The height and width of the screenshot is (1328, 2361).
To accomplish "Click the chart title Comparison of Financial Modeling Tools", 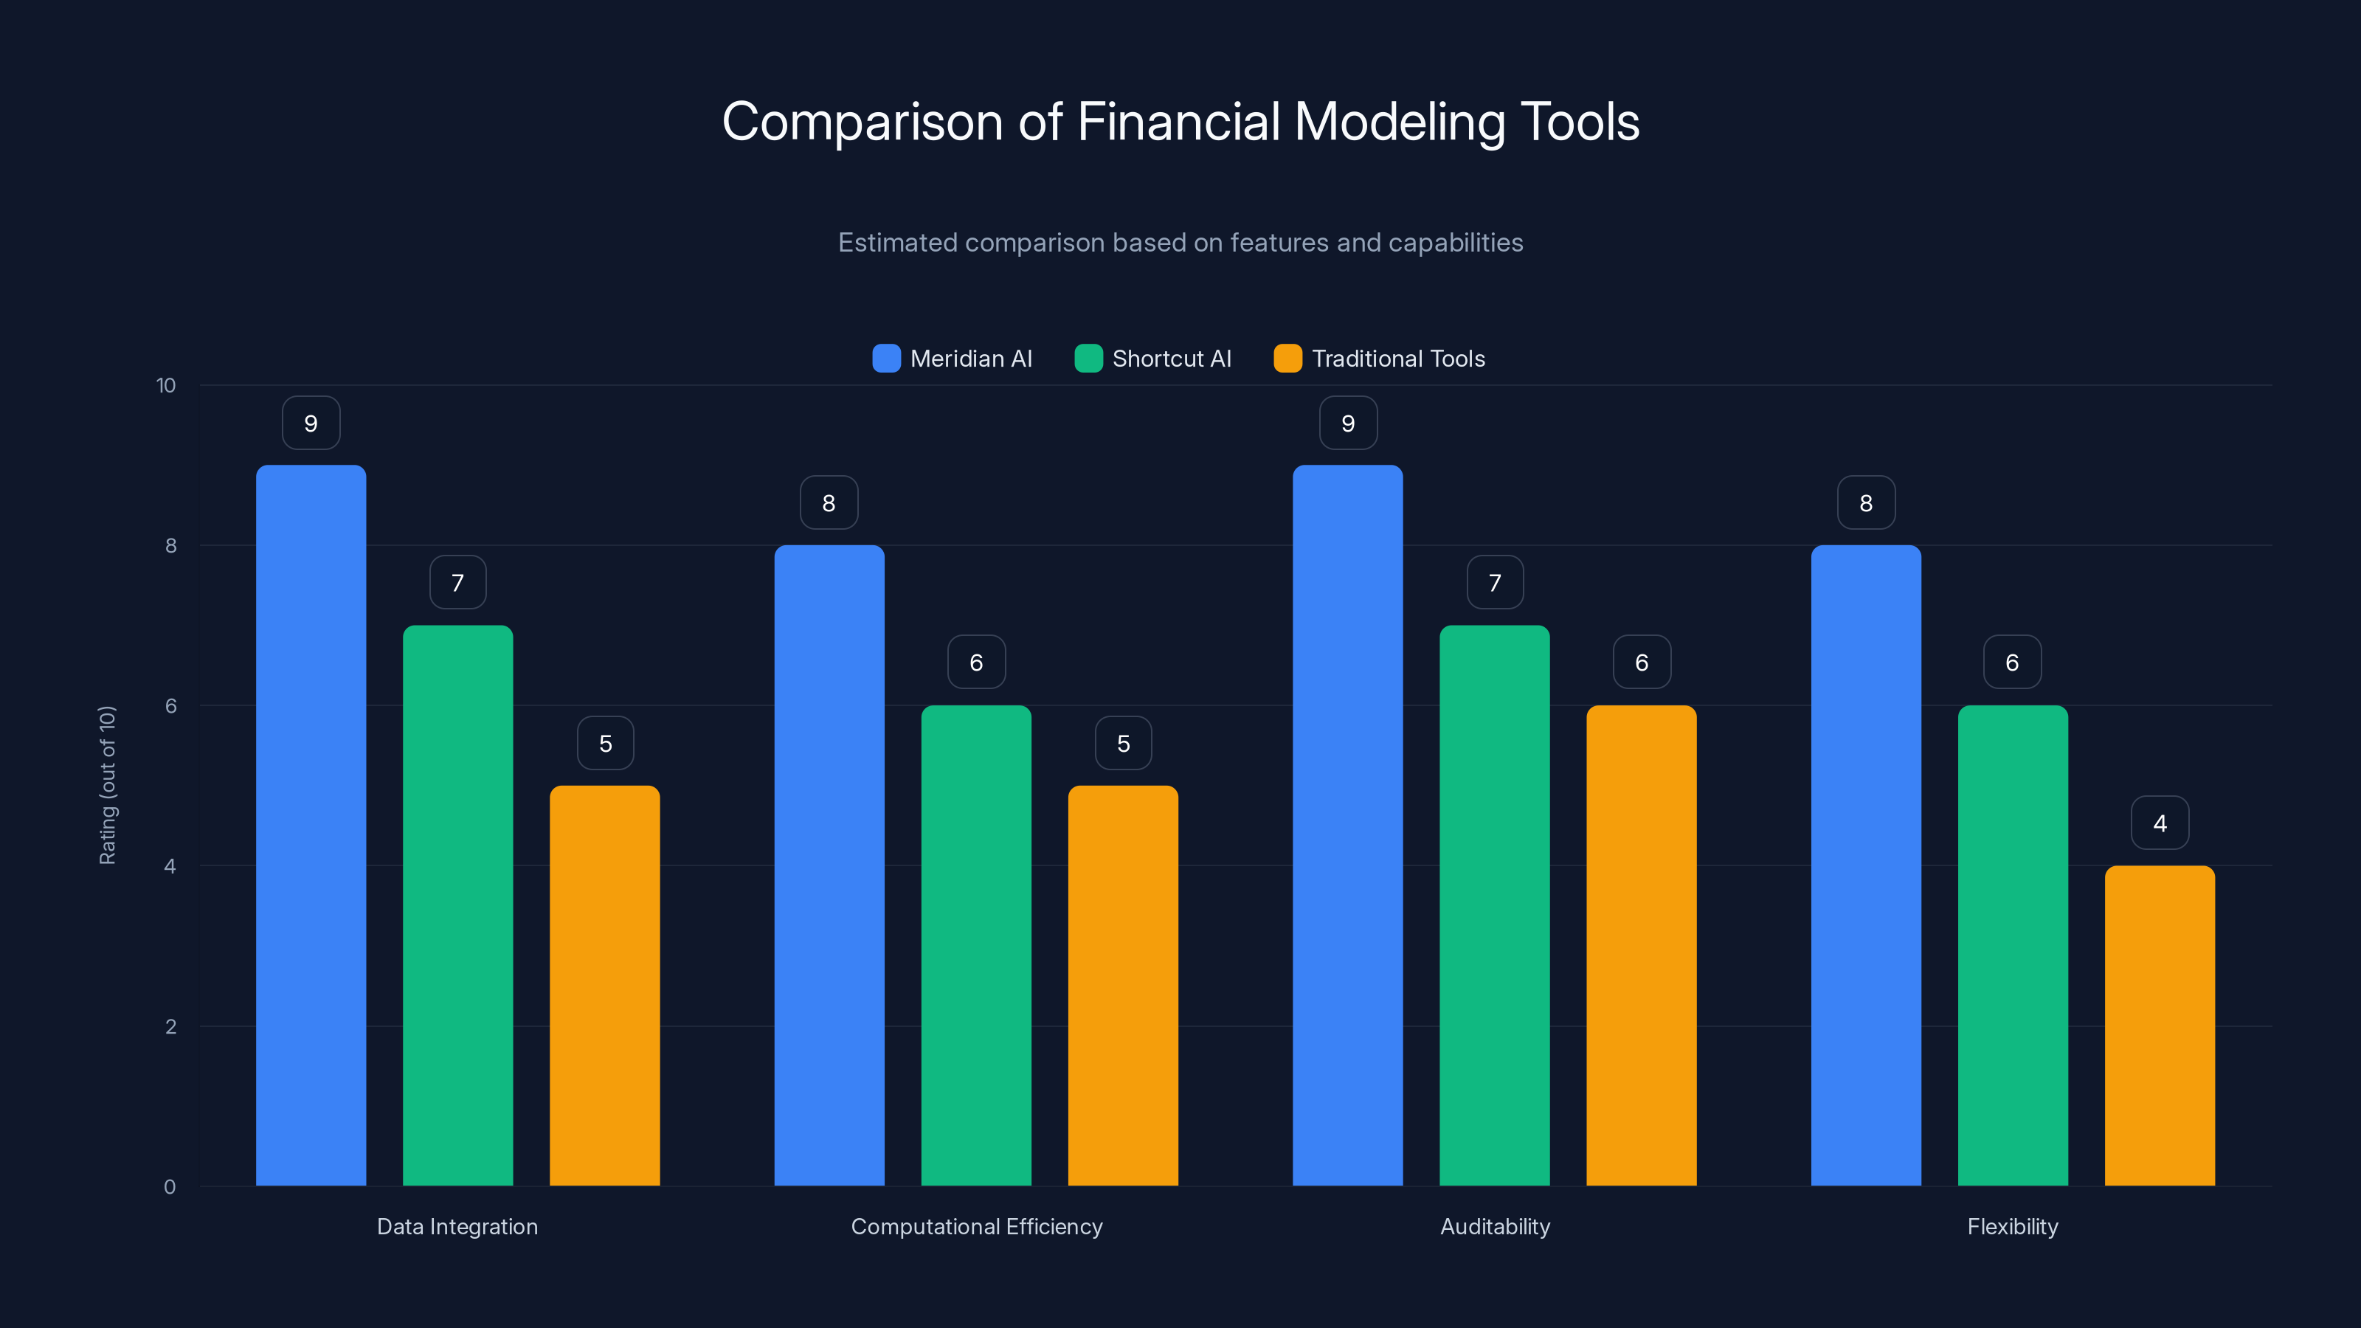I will pyautogui.click(x=1180, y=122).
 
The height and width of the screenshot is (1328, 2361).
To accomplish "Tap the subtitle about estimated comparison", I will pyautogui.click(x=1180, y=243).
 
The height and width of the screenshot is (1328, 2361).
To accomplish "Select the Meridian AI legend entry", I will pyautogui.click(x=953, y=359).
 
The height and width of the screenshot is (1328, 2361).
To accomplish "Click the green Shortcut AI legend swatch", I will pyautogui.click(x=1088, y=359).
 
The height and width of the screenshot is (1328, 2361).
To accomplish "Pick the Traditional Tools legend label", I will pyautogui.click(x=1397, y=359).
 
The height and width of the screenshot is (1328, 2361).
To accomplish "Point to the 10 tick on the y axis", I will pyautogui.click(x=166, y=386).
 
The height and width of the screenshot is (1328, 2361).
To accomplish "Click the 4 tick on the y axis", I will pyautogui.click(x=170, y=866).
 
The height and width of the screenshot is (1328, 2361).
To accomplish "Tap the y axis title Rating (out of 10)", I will pyautogui.click(x=107, y=786).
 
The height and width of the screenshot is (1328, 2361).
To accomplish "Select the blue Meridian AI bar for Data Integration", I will pyautogui.click(x=311, y=825).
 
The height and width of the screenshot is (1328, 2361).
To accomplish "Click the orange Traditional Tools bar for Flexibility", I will pyautogui.click(x=2160, y=1026).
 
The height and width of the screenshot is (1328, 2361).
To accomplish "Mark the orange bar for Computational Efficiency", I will pyautogui.click(x=1123, y=985).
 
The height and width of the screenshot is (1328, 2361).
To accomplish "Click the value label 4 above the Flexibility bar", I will pyautogui.click(x=2160, y=823).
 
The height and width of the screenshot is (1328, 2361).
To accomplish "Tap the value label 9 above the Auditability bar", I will pyautogui.click(x=1347, y=423).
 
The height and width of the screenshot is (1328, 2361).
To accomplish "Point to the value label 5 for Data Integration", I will pyautogui.click(x=605, y=743).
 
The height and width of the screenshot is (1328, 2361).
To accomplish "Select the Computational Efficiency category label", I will pyautogui.click(x=976, y=1226).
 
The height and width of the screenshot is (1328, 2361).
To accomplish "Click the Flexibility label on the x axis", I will pyautogui.click(x=2012, y=1226).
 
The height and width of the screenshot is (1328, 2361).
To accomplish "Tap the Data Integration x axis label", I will pyautogui.click(x=457, y=1226).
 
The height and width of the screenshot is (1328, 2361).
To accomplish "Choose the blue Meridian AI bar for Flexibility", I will pyautogui.click(x=1865, y=866).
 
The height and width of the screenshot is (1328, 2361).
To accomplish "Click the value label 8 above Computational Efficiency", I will pyautogui.click(x=829, y=503).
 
